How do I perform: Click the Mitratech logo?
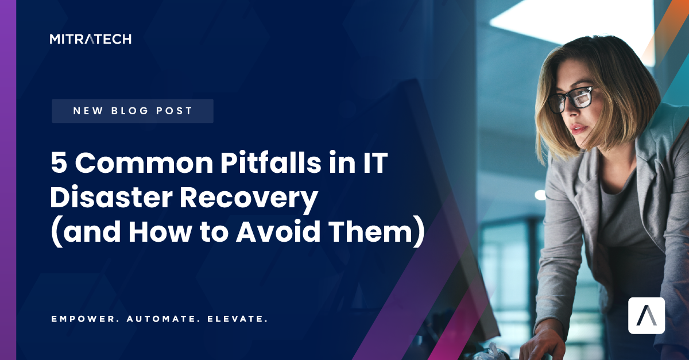pyautogui.click(x=90, y=39)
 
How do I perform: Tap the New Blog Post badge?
pyautogui.click(x=133, y=111)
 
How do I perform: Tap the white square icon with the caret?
pyautogui.click(x=646, y=315)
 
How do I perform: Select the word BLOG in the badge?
pyautogui.click(x=133, y=111)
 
